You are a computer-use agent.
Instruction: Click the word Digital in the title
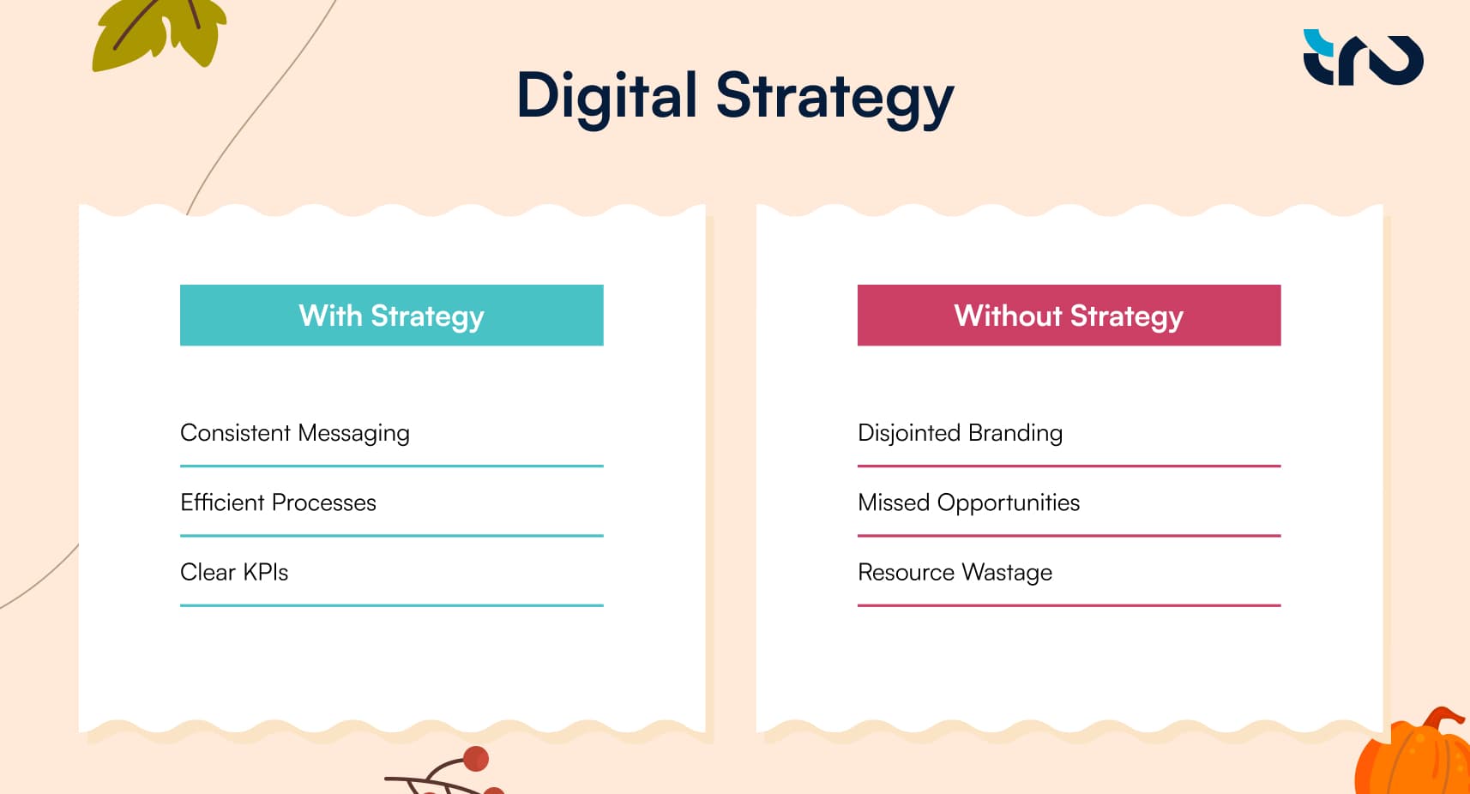point(606,96)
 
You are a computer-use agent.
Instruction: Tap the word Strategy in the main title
point(834,98)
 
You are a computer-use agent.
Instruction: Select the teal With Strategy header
point(391,316)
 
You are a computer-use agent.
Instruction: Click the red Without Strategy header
point(1069,316)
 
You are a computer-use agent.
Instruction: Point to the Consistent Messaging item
point(294,433)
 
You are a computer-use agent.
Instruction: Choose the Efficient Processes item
point(278,502)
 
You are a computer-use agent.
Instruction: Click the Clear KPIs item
point(234,572)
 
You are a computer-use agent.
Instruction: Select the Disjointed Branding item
point(960,433)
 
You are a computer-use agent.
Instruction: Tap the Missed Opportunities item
point(968,502)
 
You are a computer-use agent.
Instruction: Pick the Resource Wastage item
point(955,572)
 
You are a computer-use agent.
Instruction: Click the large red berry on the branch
point(475,759)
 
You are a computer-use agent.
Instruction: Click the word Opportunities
point(1008,503)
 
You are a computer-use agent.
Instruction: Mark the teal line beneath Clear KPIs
point(391,605)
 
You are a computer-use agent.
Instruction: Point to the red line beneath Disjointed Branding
point(1069,466)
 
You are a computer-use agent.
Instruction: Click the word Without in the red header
point(1008,316)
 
